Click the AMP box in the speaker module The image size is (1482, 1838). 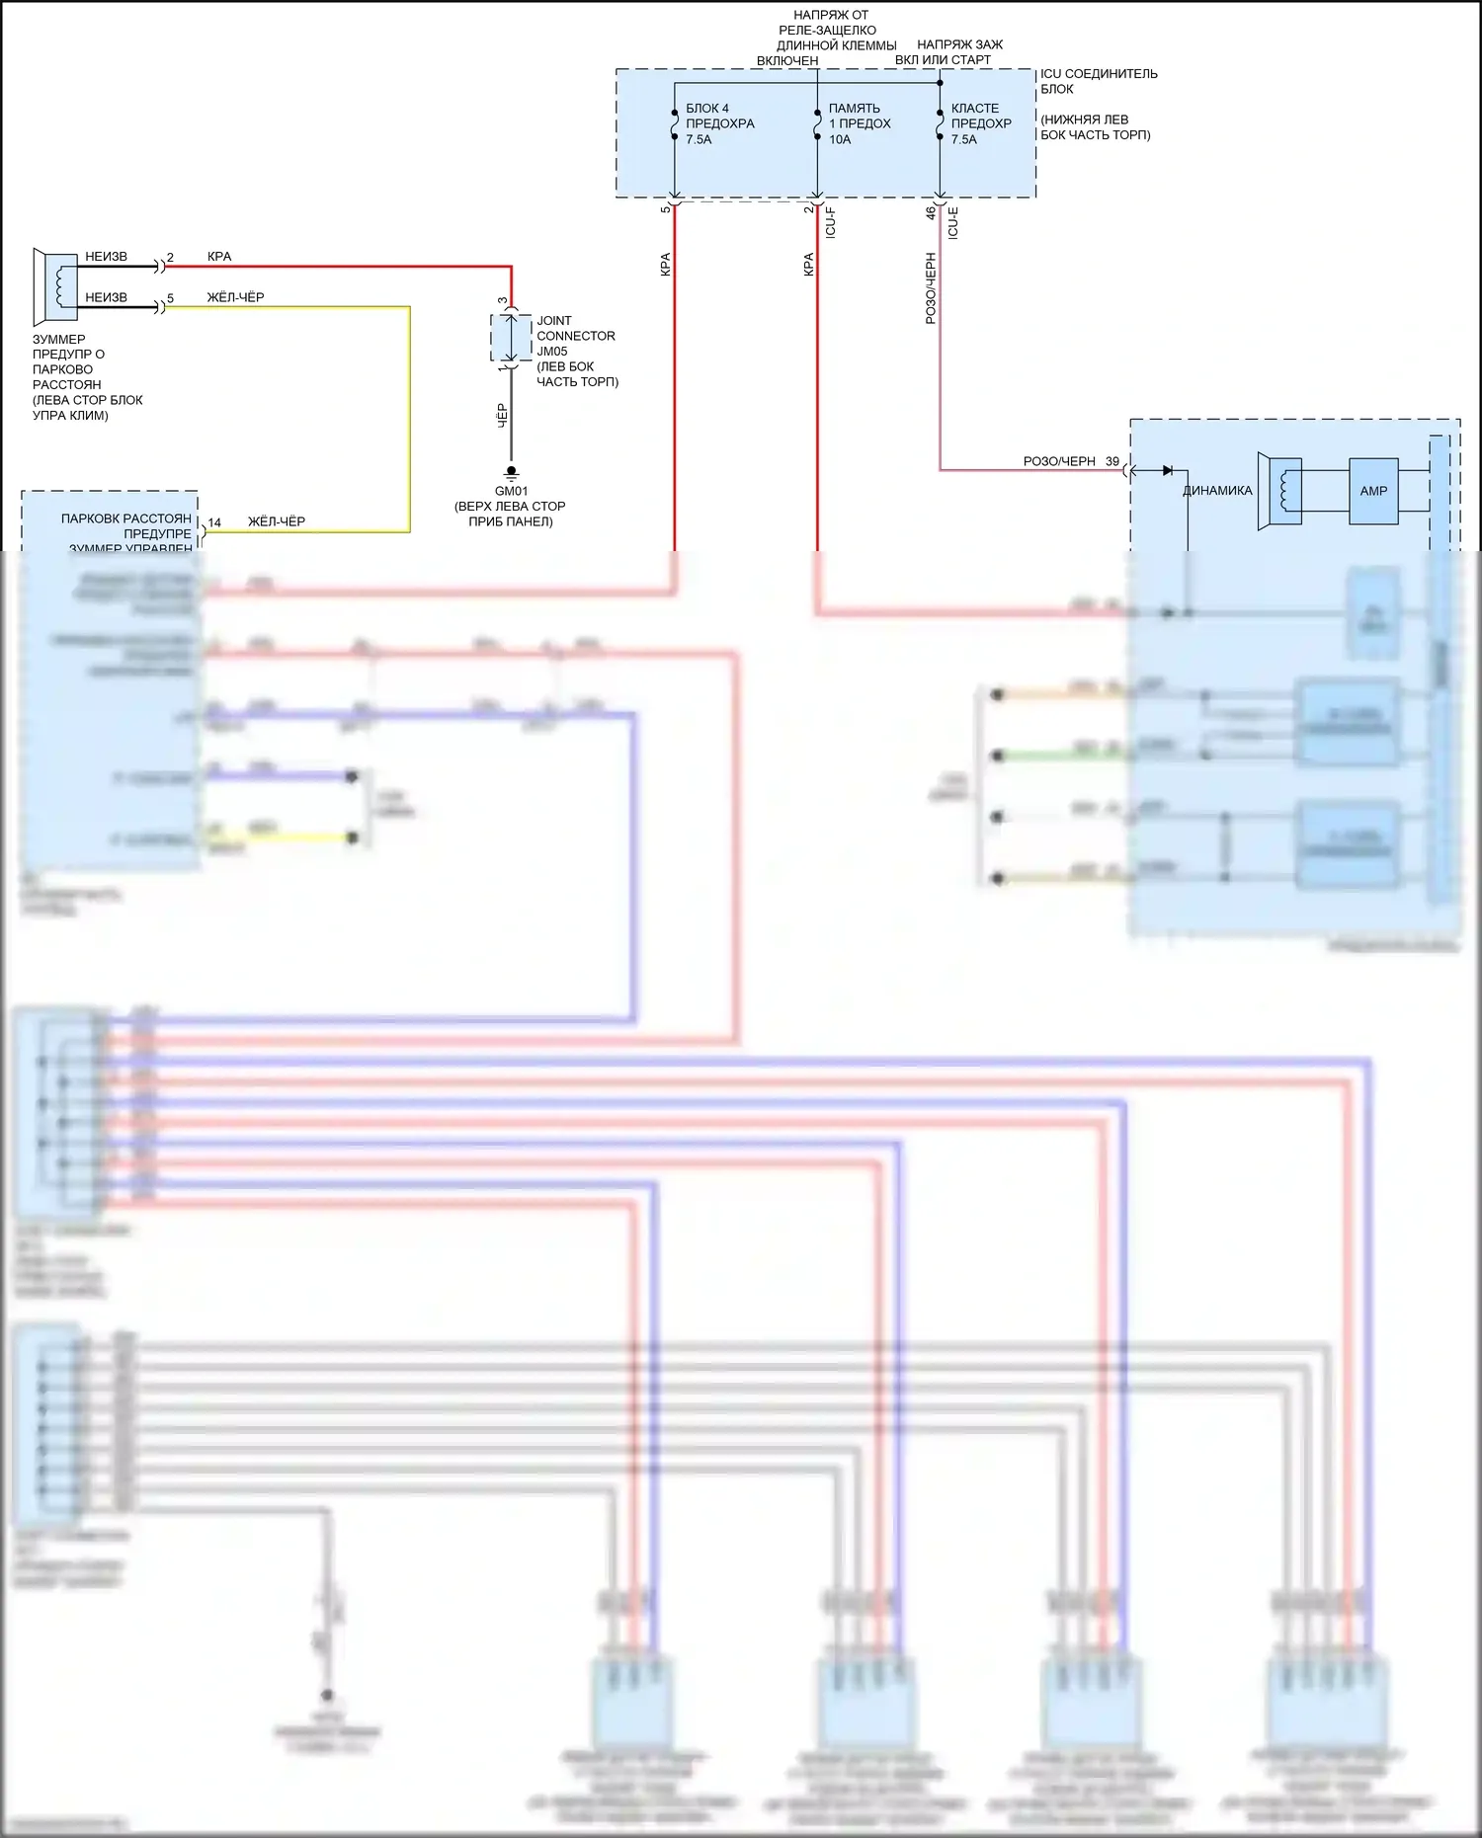1373,491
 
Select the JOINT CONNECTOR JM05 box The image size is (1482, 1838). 511,339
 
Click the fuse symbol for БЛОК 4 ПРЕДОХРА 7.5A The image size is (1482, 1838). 675,124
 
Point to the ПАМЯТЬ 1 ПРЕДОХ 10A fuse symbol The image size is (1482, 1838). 817,124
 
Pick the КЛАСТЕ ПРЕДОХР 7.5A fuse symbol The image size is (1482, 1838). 940,124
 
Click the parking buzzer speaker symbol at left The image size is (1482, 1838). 55,287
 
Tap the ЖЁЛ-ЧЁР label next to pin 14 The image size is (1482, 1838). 277,521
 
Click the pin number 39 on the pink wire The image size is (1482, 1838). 1112,461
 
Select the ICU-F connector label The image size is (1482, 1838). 831,222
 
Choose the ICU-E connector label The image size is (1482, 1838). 953,222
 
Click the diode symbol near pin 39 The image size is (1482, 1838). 1168,470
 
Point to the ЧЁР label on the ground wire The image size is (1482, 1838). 502,415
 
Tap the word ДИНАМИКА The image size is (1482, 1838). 1217,491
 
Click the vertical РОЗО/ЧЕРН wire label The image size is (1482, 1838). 931,288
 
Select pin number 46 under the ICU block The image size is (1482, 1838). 931,211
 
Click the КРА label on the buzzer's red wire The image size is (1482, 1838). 219,257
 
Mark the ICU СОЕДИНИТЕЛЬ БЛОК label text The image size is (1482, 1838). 1098,81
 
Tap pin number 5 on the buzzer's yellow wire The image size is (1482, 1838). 171,298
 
